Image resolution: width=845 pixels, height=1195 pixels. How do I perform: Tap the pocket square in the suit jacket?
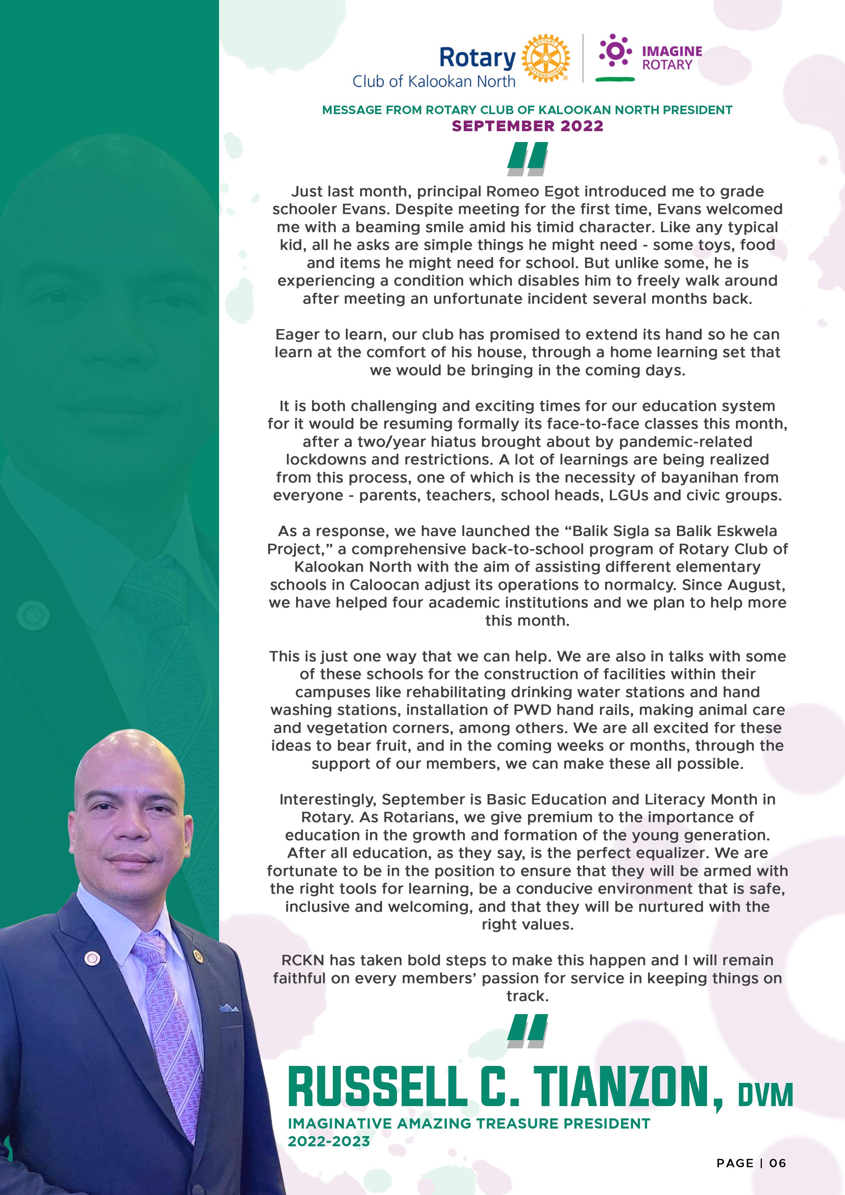[229, 1008]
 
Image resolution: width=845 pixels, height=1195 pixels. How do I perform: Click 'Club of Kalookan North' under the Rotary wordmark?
[434, 82]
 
